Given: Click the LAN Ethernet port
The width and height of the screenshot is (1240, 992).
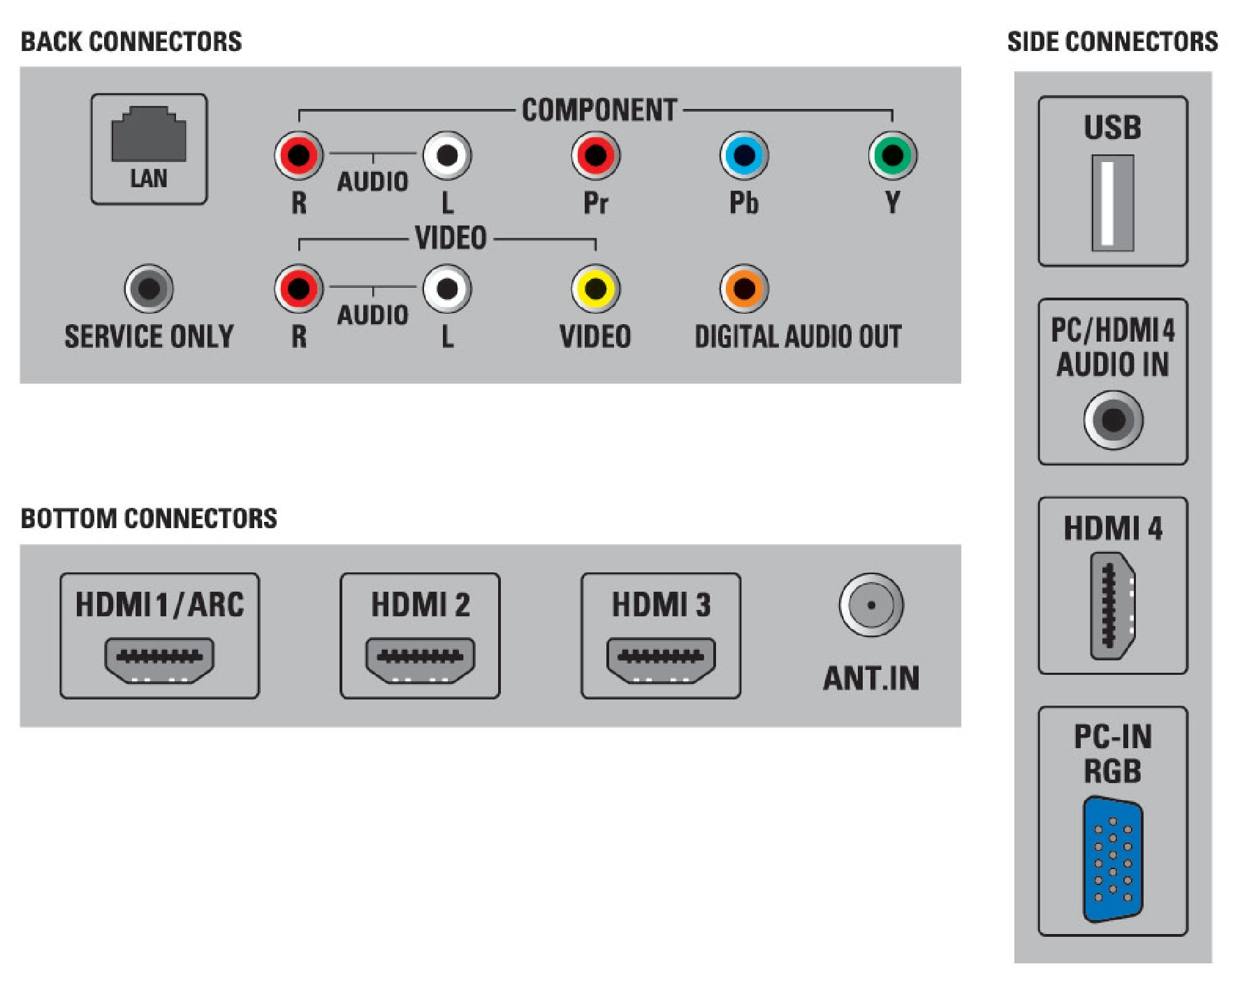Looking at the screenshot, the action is click(149, 134).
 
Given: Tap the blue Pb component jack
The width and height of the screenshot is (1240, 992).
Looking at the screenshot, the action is click(744, 155).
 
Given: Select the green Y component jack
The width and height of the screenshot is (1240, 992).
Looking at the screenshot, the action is click(892, 155).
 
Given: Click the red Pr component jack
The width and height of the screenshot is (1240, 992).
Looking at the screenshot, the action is click(595, 155).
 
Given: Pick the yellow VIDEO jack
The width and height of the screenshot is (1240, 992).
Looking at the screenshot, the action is click(595, 288).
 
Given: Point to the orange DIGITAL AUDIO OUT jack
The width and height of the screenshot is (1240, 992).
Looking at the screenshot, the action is click(744, 288).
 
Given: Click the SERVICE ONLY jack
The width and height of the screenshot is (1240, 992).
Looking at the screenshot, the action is click(149, 288).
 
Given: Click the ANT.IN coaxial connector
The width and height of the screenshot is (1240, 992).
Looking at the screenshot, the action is click(871, 605).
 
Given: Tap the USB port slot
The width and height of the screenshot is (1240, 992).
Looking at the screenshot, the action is click(1113, 203).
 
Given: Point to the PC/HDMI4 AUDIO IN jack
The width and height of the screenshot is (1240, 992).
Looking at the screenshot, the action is click(1113, 420).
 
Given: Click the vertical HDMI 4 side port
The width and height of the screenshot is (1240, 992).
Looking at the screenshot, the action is click(1113, 606).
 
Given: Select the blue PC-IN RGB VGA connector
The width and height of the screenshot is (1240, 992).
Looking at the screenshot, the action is click(1113, 859).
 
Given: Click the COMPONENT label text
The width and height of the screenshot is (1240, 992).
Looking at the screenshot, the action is click(599, 110).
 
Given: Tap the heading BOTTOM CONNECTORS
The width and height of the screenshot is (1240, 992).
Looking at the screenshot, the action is click(149, 518).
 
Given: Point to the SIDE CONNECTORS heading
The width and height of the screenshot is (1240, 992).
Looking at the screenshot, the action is click(1112, 42).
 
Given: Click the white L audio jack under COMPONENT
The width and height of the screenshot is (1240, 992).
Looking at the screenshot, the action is click(447, 155).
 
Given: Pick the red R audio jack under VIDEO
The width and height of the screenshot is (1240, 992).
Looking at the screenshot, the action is click(298, 288).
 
